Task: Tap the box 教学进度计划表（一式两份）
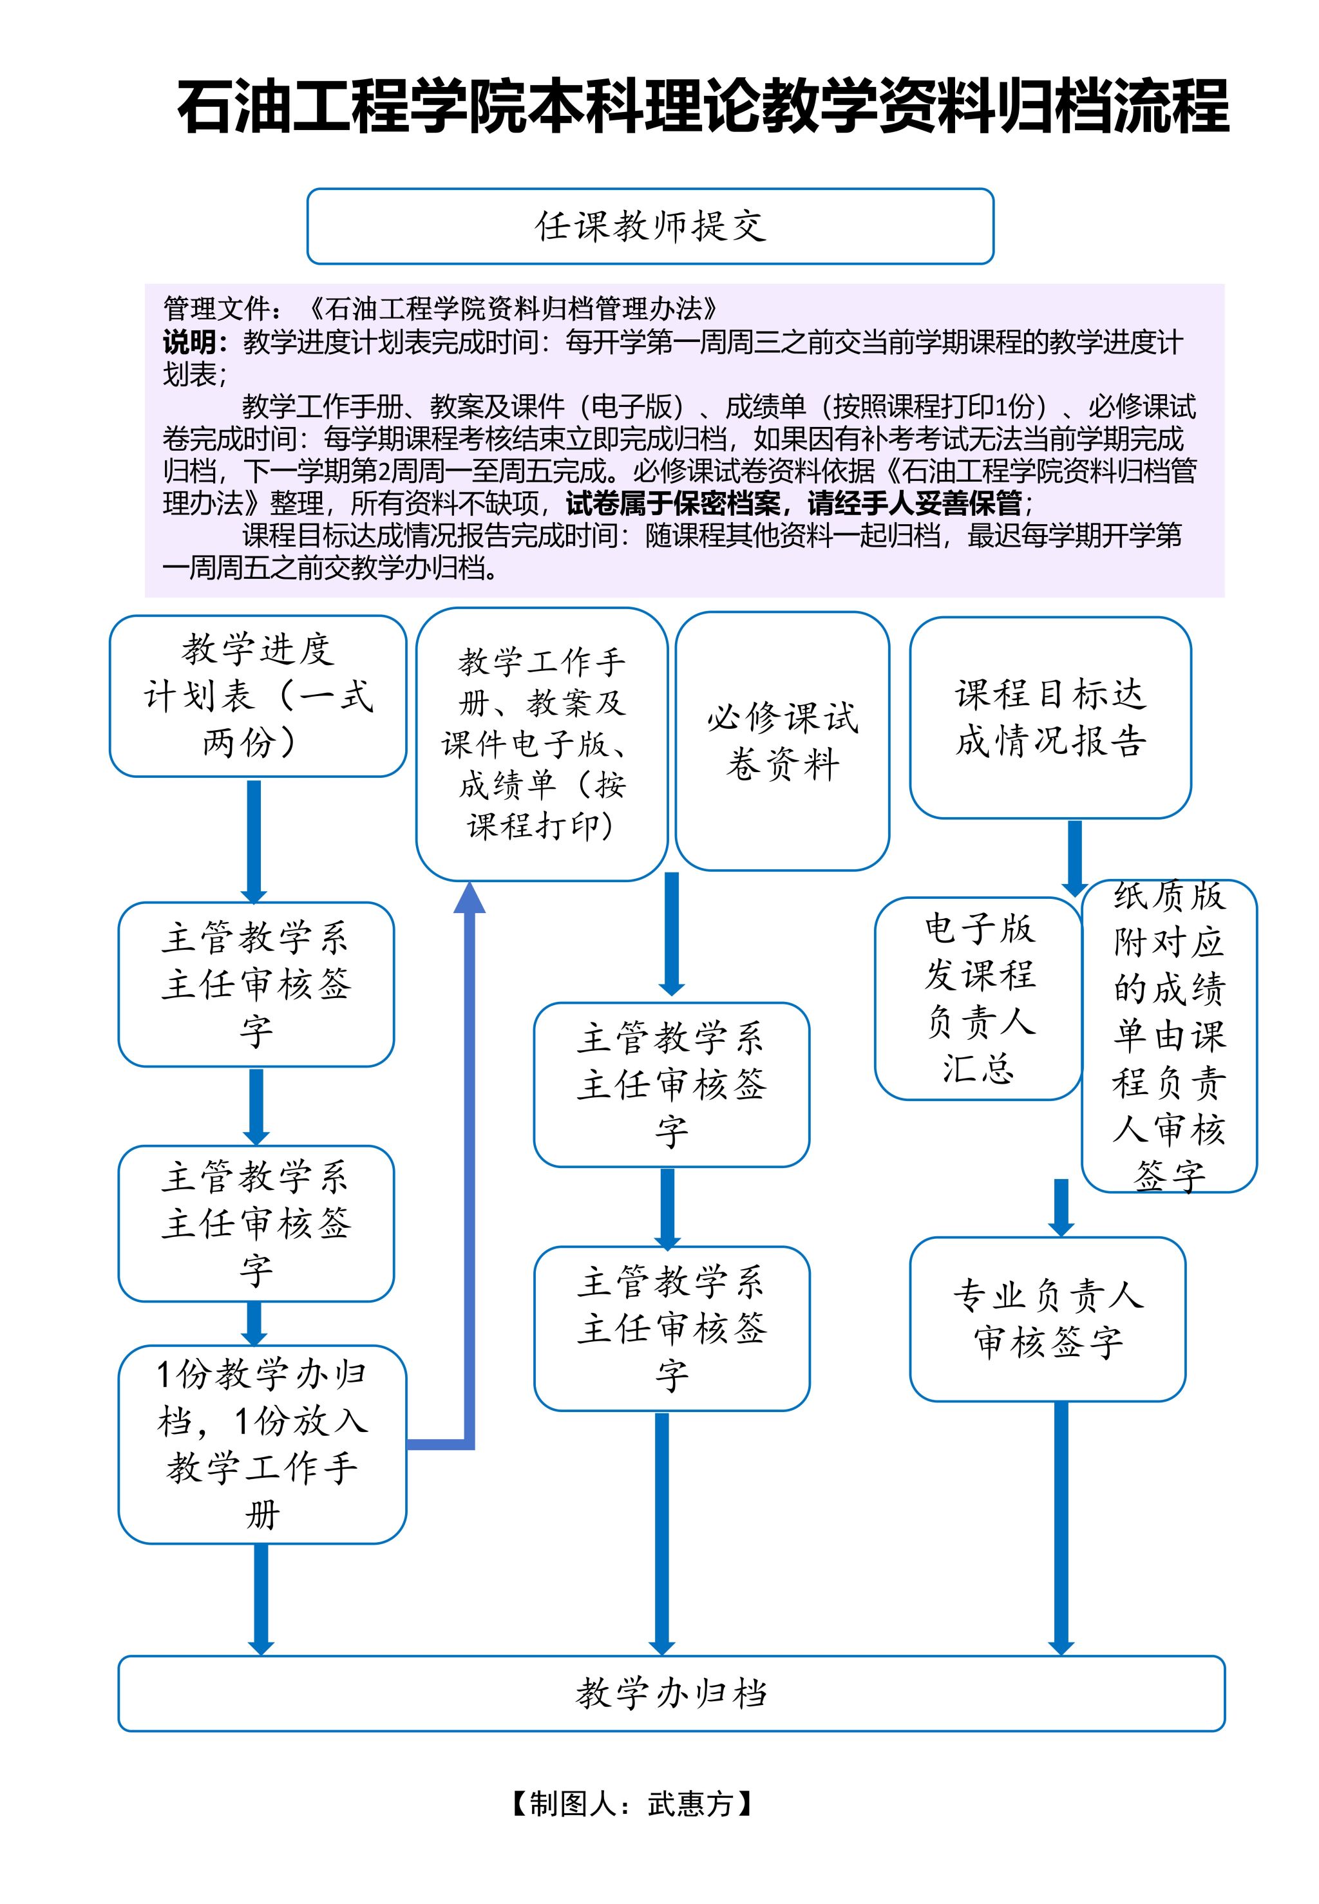[258, 695]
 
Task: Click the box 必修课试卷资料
[782, 741]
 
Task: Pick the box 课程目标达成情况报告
[1050, 717]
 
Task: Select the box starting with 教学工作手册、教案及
[542, 744]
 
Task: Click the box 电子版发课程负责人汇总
[978, 998]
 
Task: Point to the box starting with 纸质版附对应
[1168, 1036]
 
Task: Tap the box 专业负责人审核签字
[1047, 1319]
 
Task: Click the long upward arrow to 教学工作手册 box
[469, 1156]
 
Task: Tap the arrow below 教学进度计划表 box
[254, 839]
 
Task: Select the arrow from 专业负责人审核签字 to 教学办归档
[1061, 1528]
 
